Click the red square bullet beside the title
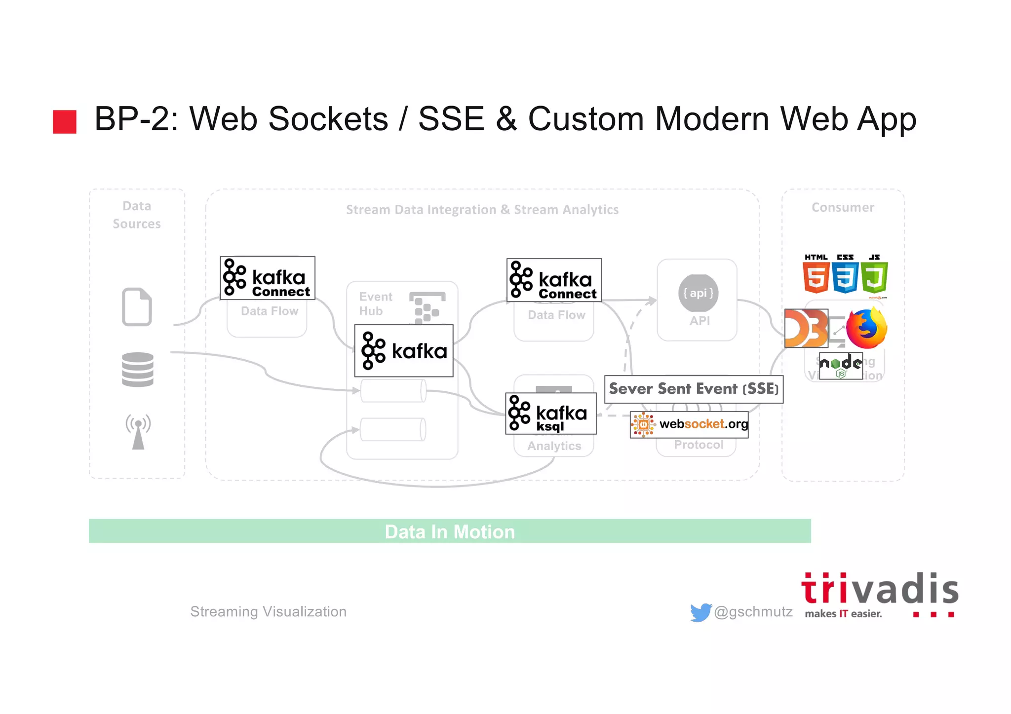[x=65, y=121]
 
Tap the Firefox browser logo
[x=866, y=329]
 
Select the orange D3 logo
[x=806, y=328]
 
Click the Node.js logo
[x=841, y=366]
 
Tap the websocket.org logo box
[x=689, y=424]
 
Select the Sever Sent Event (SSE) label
[x=694, y=389]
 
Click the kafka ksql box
[x=550, y=413]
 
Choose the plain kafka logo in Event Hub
[x=404, y=351]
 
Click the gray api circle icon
[x=698, y=293]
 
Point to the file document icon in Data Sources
[x=137, y=306]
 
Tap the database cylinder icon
[x=137, y=370]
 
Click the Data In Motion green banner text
[x=450, y=531]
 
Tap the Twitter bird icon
[x=700, y=612]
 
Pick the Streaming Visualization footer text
[x=268, y=612]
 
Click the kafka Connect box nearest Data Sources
[x=267, y=278]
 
